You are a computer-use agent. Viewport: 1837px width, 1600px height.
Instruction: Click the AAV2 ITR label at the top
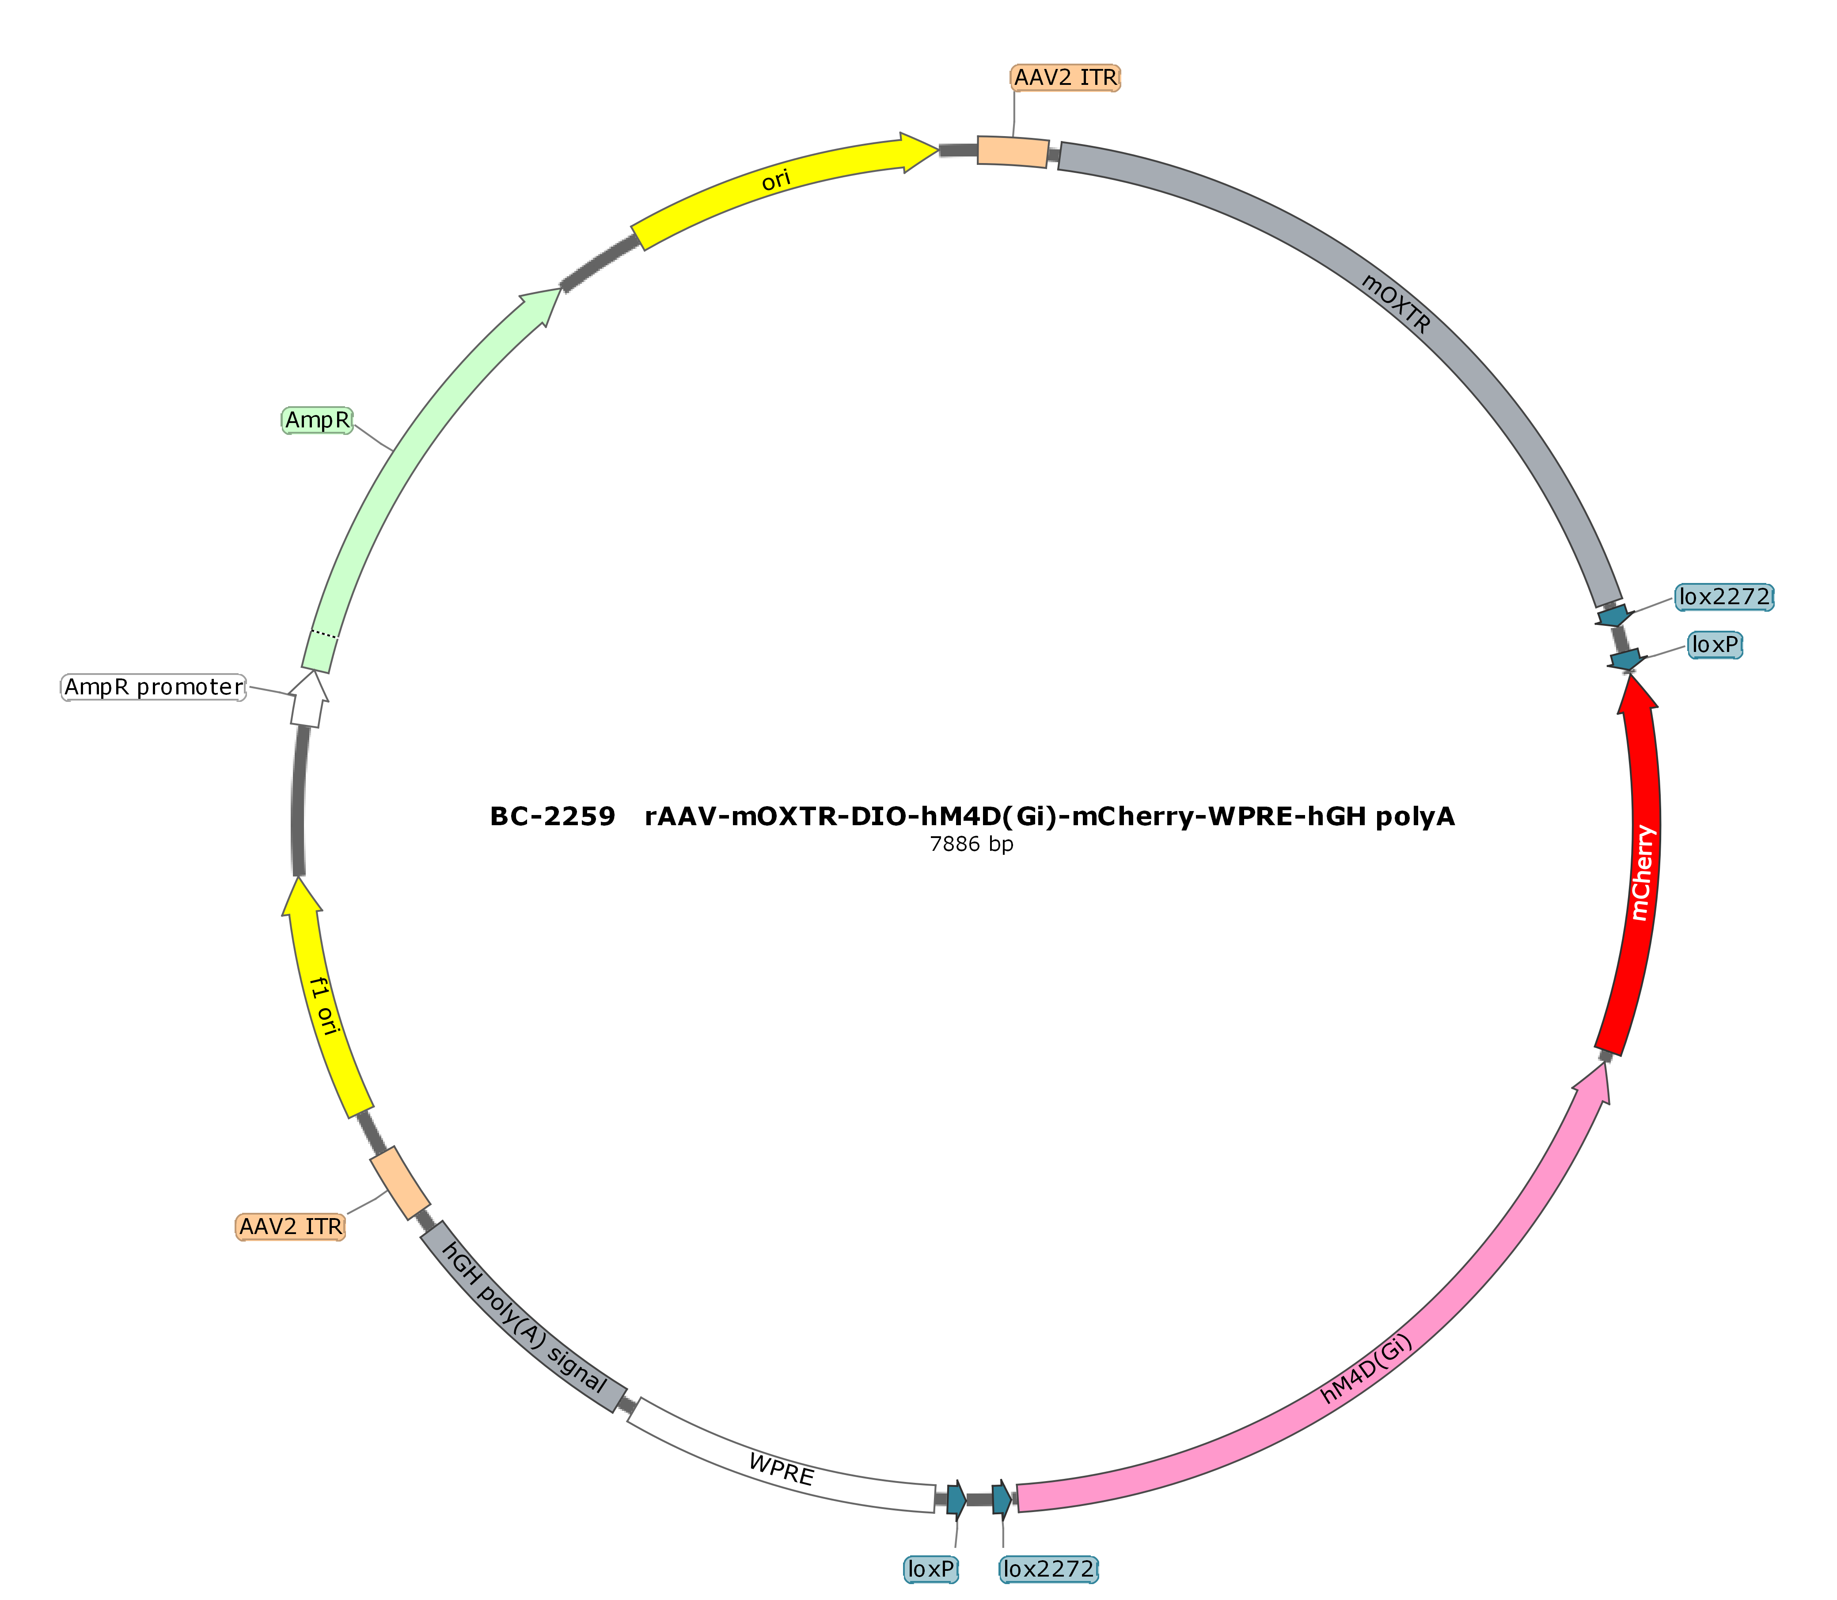pyautogui.click(x=1065, y=78)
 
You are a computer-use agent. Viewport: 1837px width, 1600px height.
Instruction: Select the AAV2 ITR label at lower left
pyautogui.click(x=290, y=1227)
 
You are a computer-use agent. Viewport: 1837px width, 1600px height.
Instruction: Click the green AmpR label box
pyautogui.click(x=318, y=419)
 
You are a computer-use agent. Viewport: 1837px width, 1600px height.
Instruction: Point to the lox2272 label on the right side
pyautogui.click(x=1723, y=596)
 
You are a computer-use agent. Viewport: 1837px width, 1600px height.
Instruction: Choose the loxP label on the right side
pyautogui.click(x=1715, y=645)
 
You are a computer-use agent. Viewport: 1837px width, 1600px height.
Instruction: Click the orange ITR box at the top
pyautogui.click(x=1013, y=151)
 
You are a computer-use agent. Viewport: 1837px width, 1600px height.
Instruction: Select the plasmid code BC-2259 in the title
pyautogui.click(x=553, y=817)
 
